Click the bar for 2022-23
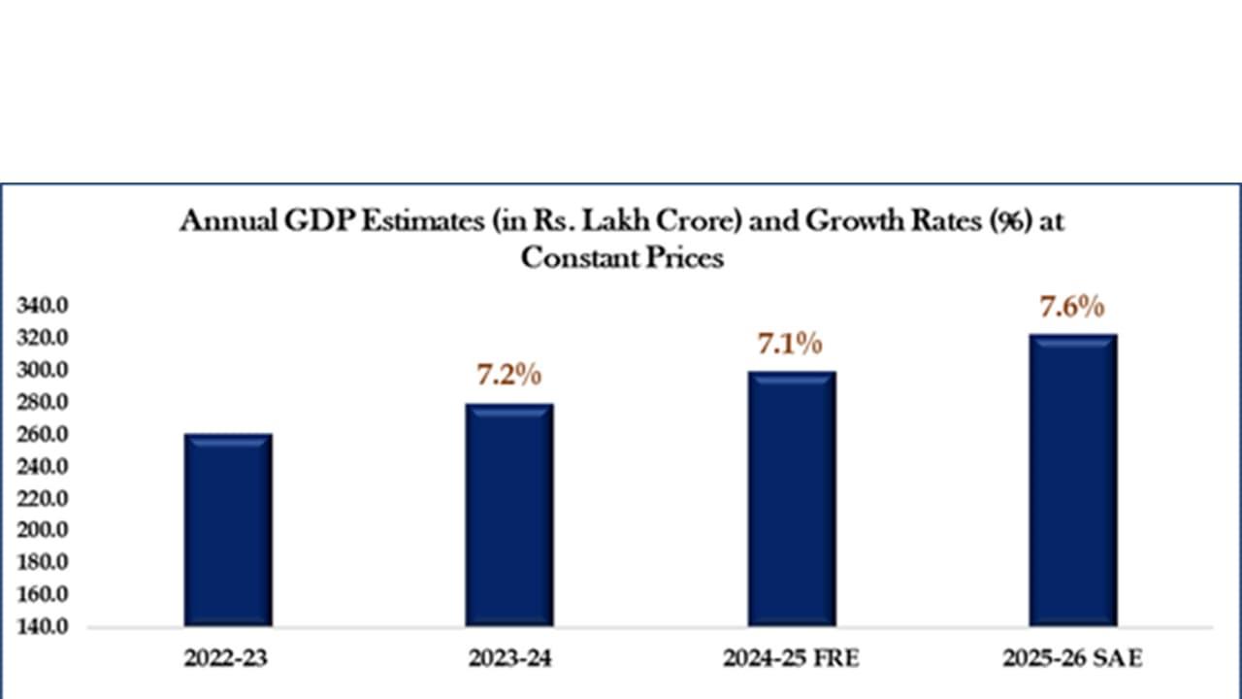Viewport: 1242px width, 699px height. coord(228,530)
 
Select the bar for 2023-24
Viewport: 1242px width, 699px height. coord(509,515)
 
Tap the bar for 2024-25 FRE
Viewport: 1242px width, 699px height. coord(792,499)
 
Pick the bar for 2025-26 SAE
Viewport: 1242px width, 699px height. coord(1073,481)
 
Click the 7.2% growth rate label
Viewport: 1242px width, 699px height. coord(508,375)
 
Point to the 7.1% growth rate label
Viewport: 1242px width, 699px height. coord(790,344)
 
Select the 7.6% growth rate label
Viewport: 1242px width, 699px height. coord(1072,307)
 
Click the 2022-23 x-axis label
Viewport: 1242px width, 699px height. coord(226,659)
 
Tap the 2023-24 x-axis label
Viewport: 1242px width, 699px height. coord(508,659)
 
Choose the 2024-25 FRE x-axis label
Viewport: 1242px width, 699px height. coord(791,659)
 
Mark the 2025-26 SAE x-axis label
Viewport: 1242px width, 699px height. coord(1072,659)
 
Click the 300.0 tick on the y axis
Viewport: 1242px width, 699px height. coord(42,371)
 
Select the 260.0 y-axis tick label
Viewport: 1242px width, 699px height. coord(42,435)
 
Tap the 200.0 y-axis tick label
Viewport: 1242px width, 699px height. coord(42,531)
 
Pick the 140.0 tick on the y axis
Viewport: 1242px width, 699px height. coord(42,627)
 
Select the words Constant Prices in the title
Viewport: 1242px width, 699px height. coord(622,257)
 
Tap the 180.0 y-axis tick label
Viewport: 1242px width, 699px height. coord(42,563)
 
